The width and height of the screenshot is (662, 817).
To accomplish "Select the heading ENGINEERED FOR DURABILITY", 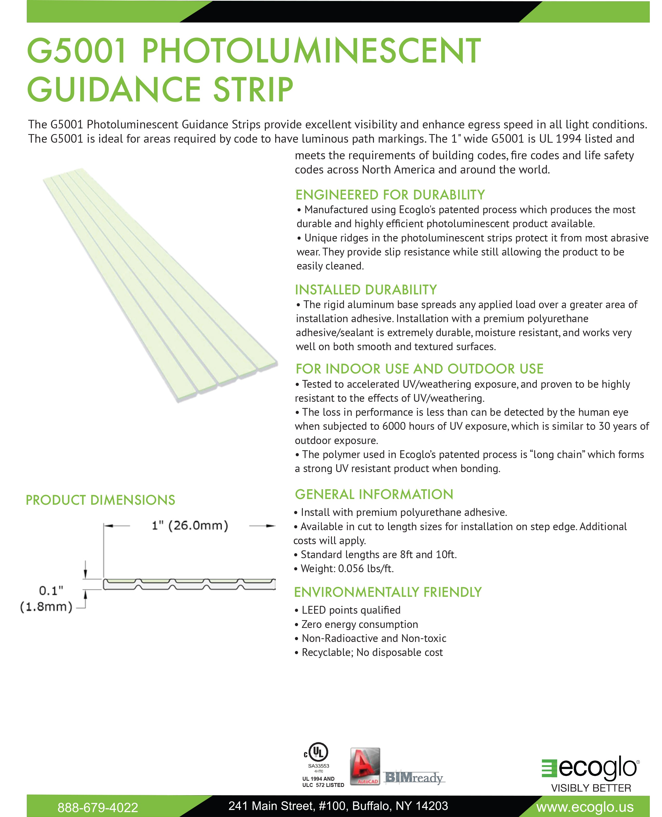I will coord(390,195).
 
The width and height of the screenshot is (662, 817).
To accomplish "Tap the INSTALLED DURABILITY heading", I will coord(366,290).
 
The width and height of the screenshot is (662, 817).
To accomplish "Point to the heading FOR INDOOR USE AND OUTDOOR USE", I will coord(419,369).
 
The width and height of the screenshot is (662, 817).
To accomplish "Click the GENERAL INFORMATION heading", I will coord(374,494).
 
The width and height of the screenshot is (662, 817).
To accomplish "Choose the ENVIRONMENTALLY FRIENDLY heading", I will coord(388,592).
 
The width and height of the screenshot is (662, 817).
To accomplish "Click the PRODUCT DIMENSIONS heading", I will coord(100,500).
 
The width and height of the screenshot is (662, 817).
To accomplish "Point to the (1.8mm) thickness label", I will coord(46,607).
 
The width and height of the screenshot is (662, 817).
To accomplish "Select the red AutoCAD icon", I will coord(365,766).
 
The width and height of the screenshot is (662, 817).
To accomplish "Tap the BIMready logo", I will coord(413,777).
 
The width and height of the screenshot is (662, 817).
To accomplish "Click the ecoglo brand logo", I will coord(590,767).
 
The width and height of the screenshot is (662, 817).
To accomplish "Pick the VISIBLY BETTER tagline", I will coord(591,788).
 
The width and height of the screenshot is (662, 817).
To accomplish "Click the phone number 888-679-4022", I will coord(98,807).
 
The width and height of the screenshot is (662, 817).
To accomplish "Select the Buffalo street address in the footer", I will coord(338,806).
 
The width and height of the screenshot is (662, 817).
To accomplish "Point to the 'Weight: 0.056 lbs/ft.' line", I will coord(347,569).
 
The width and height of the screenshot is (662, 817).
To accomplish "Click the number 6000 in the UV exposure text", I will coord(394,426).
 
